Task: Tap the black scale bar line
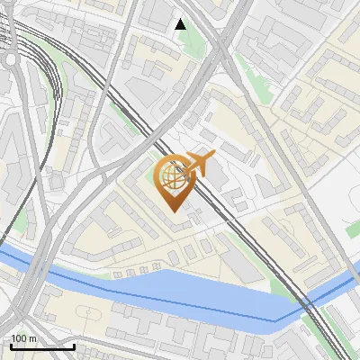[42, 346]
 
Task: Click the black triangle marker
[181, 24]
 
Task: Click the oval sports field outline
[88, 315]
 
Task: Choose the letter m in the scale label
[32, 338]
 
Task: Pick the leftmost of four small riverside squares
[120, 273]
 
